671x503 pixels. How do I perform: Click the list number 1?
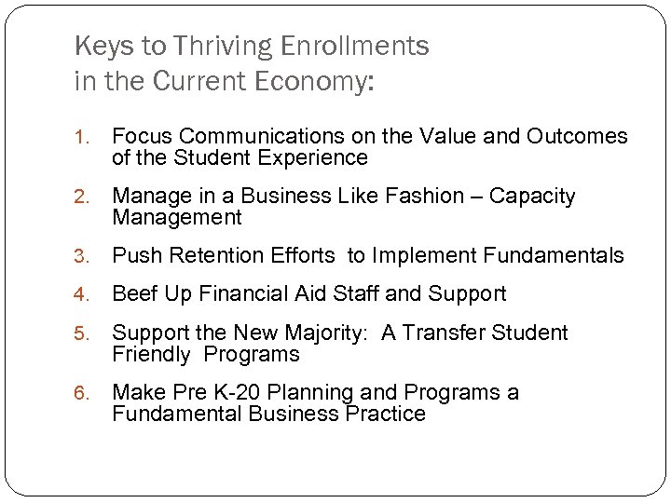[x=81, y=138]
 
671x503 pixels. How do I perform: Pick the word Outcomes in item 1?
[x=577, y=137]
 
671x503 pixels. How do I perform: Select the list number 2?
[x=81, y=197]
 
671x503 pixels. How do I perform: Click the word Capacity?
[x=533, y=197]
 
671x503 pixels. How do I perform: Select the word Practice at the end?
[x=384, y=415]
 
